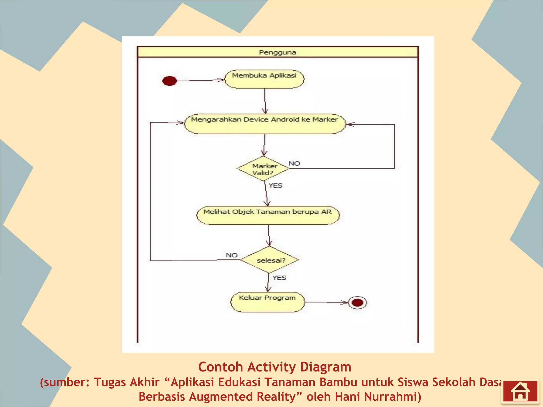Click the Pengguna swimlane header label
point(277,52)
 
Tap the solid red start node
point(169,81)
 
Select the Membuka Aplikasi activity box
point(264,79)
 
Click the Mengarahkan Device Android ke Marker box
point(265,124)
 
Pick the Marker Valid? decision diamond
point(263,169)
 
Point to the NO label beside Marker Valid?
point(294,163)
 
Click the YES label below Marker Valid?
point(275,185)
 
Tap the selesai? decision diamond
point(270,260)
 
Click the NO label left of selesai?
point(231,255)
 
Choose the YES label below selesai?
point(279,278)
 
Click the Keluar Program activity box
point(267,302)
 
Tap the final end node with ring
point(357,303)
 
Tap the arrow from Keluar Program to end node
point(326,302)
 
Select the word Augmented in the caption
point(221,397)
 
